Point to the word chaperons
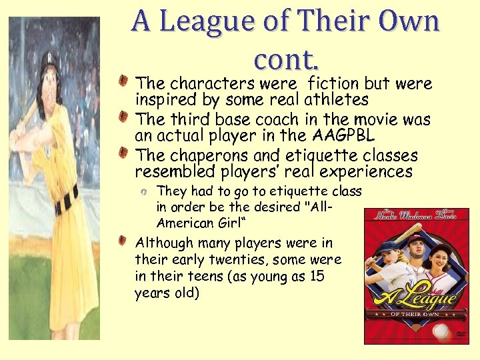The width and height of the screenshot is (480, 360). [x=205, y=156]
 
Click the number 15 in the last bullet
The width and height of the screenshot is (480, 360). [x=317, y=275]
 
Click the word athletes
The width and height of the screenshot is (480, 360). [x=336, y=100]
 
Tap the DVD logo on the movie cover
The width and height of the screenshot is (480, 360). [x=459, y=334]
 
